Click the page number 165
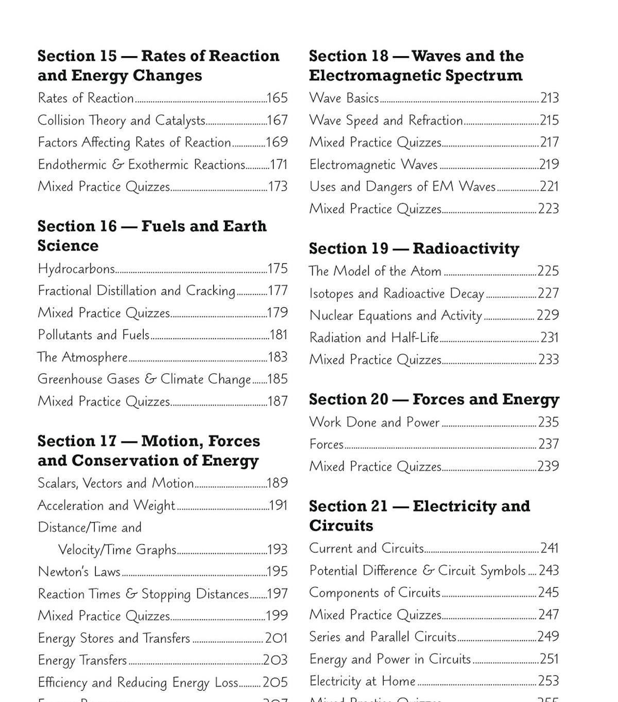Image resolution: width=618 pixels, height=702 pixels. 277,98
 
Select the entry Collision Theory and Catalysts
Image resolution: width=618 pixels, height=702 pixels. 122,121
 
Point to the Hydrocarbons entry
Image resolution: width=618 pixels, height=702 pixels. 76,269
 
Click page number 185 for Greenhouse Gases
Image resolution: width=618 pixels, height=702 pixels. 278,379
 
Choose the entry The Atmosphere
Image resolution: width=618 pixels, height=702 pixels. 82,357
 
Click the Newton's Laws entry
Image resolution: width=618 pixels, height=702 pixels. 79,572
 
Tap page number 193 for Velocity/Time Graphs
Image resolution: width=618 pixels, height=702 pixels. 278,549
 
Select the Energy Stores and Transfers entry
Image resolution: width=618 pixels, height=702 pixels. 114,638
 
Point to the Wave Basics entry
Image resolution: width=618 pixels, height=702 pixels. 344,98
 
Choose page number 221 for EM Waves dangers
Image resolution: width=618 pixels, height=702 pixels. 549,187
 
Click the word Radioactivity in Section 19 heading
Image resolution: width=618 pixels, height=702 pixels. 466,248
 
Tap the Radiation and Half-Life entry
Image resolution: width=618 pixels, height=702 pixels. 374,338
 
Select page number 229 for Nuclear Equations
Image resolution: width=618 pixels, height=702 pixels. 548,315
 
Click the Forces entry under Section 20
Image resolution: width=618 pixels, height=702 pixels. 327,444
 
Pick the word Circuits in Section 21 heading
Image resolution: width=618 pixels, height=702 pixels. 341,526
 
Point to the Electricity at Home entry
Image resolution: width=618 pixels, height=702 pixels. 362,681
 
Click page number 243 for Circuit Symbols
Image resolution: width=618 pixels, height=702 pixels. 548,571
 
